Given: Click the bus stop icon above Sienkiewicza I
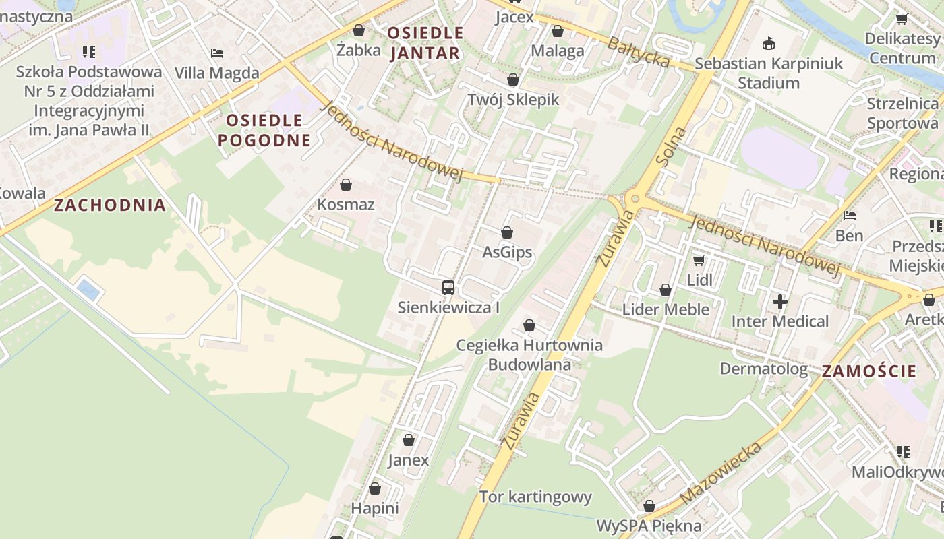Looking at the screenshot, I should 448,288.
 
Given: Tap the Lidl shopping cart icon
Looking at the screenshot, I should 699,260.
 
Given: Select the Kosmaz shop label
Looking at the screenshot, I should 346,204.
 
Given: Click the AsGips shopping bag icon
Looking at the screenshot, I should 507,232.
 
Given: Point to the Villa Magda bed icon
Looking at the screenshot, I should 216,53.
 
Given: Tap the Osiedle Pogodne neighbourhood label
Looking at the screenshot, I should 268,130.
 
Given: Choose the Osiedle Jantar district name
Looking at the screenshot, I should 425,42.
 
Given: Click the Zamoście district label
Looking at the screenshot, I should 869,371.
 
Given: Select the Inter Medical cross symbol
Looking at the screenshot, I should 780,302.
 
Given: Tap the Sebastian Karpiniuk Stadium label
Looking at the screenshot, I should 769,73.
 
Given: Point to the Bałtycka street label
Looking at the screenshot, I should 639,52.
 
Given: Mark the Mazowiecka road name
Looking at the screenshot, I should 721,473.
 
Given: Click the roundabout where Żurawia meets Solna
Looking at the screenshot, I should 634,199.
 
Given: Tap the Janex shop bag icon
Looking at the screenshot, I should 408,441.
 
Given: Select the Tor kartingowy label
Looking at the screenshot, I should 535,497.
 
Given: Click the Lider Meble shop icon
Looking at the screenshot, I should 666,290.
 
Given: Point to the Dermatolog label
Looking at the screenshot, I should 763,369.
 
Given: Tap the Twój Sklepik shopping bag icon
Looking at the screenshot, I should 513,80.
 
